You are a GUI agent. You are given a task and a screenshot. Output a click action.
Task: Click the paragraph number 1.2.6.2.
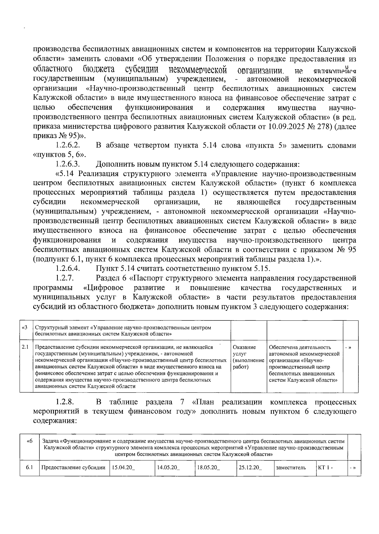click(x=67, y=146)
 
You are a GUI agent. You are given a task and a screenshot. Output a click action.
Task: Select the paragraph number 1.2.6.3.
click(x=67, y=165)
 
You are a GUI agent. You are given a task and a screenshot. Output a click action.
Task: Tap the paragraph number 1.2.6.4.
click(x=67, y=269)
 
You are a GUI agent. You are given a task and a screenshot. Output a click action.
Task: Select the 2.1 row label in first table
click(x=25, y=347)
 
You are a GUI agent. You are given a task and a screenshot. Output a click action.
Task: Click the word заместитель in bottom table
click(x=291, y=468)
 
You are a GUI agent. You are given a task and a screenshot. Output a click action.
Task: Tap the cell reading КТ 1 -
click(x=325, y=468)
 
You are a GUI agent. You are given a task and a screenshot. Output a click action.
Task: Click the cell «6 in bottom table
click(x=30, y=441)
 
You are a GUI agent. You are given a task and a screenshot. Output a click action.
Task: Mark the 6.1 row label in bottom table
click(x=30, y=468)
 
